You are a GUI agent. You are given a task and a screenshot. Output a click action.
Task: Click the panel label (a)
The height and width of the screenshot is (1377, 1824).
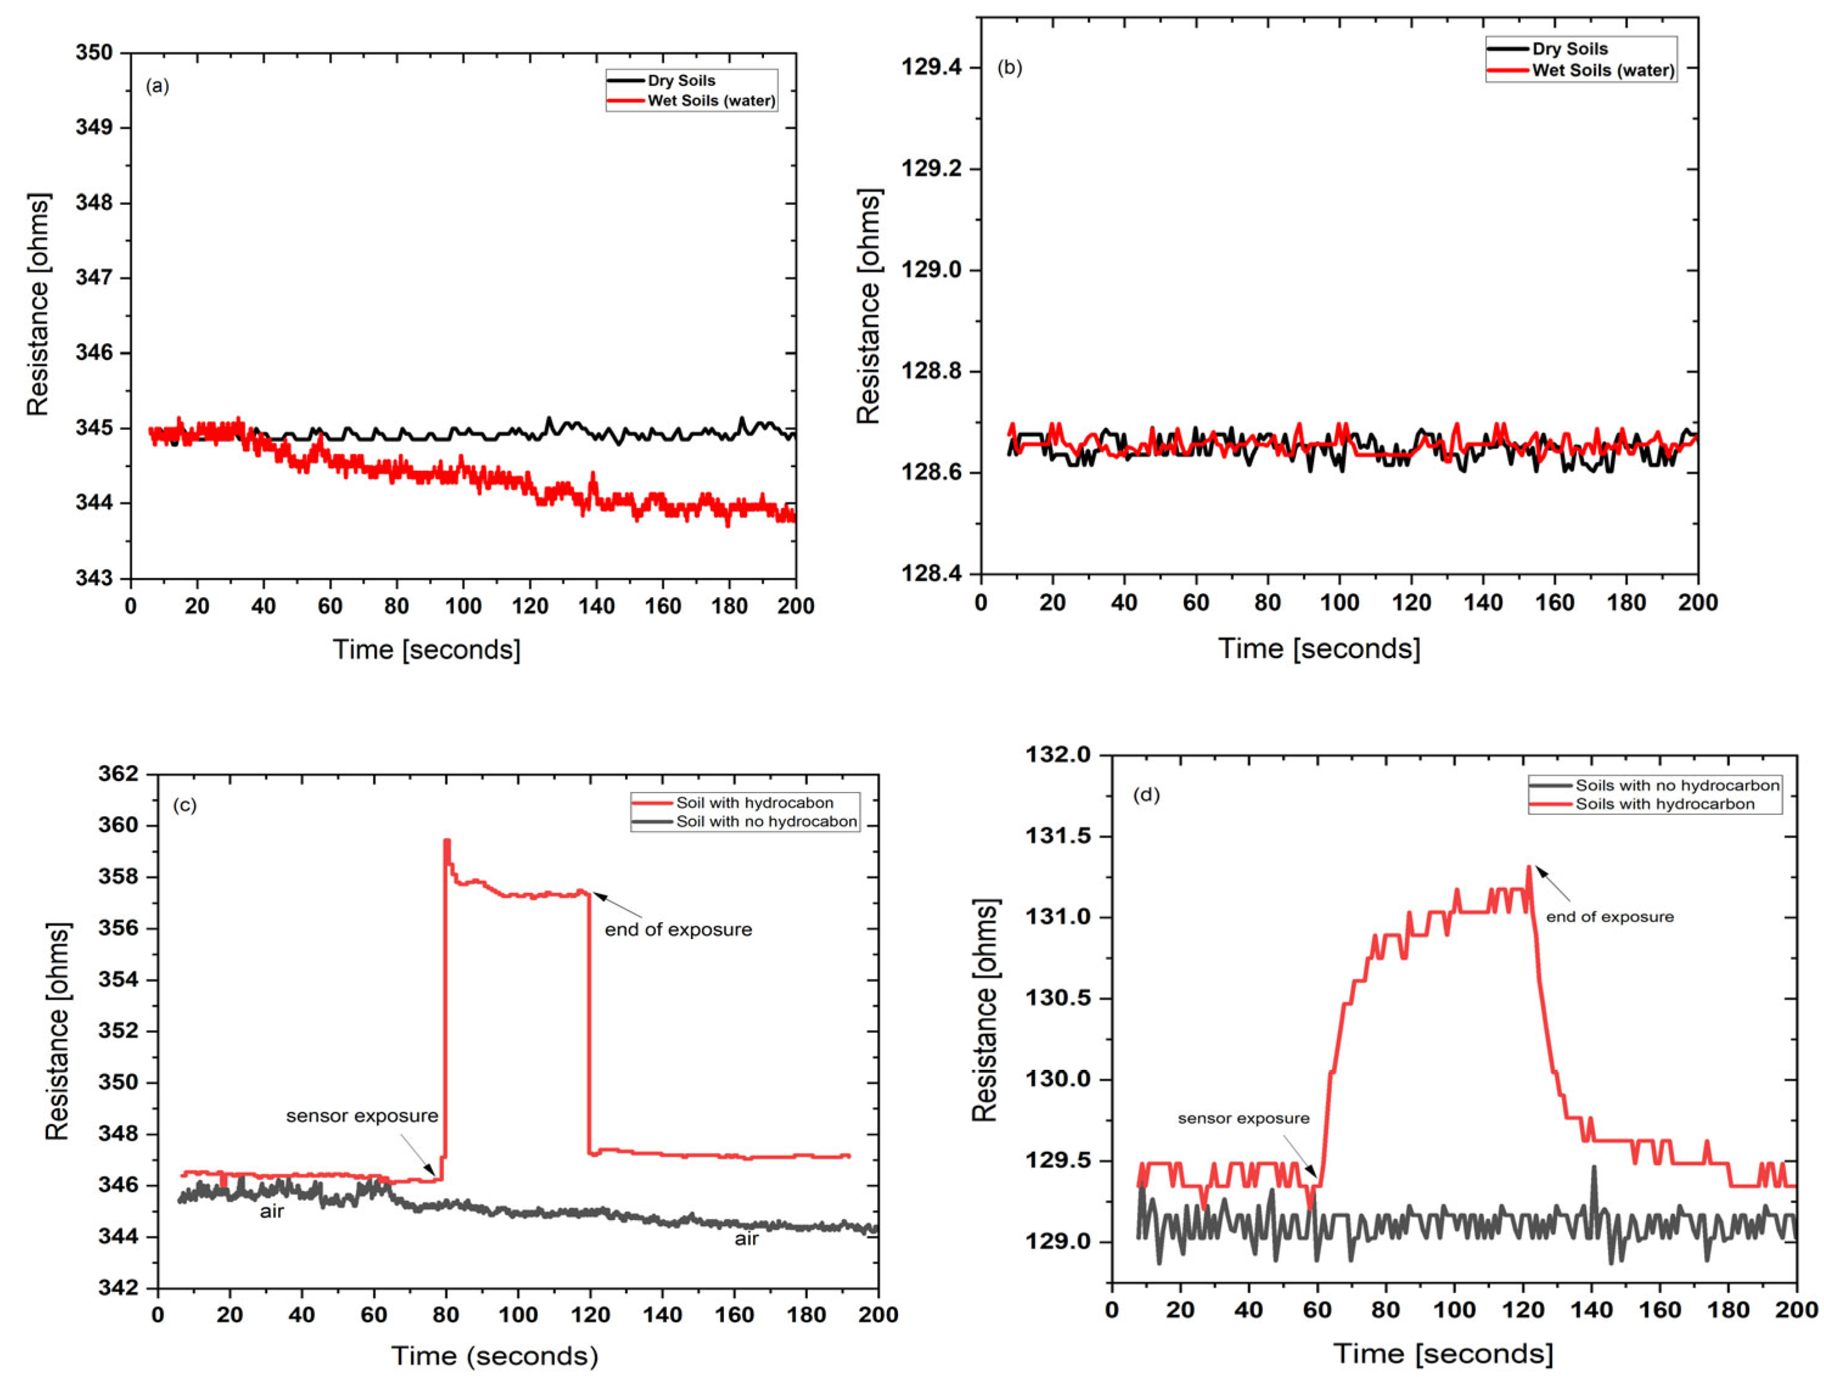click(158, 86)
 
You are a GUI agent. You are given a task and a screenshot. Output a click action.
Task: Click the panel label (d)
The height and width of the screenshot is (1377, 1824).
click(1146, 795)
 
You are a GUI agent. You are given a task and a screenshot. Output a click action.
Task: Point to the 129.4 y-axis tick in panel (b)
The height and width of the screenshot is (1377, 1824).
click(931, 67)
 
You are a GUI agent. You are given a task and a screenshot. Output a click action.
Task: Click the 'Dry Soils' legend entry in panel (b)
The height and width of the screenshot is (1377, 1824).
click(1570, 49)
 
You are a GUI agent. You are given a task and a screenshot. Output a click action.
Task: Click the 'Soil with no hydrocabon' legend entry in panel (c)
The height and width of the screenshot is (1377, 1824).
click(766, 821)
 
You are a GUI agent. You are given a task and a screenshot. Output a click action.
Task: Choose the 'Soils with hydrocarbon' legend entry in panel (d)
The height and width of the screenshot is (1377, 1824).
click(1665, 804)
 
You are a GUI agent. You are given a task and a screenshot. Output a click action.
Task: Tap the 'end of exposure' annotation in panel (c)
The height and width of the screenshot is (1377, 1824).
click(678, 929)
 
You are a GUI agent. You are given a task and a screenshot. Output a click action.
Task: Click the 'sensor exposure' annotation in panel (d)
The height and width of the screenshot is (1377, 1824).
click(1242, 1118)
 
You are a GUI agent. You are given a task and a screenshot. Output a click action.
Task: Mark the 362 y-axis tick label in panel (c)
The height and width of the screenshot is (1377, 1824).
click(118, 774)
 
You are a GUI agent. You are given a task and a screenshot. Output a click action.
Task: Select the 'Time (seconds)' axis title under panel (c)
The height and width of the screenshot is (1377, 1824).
click(494, 1356)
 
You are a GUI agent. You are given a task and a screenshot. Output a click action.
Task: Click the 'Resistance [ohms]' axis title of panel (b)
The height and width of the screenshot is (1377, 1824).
click(868, 306)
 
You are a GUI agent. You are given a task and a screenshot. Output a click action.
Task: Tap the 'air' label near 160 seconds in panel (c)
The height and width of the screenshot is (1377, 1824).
click(747, 1238)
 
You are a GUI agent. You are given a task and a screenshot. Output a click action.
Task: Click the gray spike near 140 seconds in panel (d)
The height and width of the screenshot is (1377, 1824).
click(1594, 1169)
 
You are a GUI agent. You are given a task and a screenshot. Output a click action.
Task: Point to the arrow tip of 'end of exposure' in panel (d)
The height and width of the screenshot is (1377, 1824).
click(1536, 867)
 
